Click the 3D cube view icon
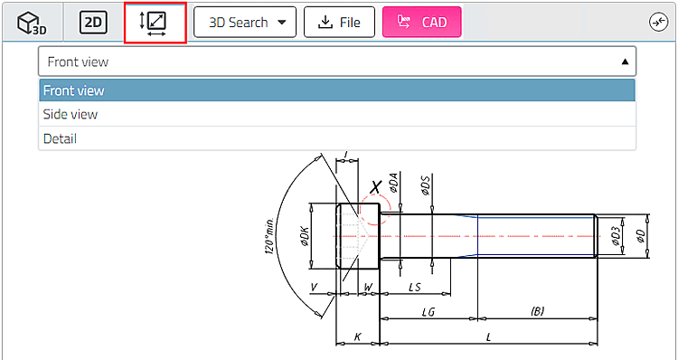tap(32, 23)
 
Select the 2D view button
tap(93, 23)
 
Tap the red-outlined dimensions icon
tap(155, 23)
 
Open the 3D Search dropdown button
tap(245, 22)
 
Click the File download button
tap(339, 22)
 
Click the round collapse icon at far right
tap(659, 23)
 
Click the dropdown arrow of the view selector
tap(625, 62)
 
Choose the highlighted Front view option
tap(337, 90)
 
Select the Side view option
tap(337, 114)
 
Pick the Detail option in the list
tap(337, 138)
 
